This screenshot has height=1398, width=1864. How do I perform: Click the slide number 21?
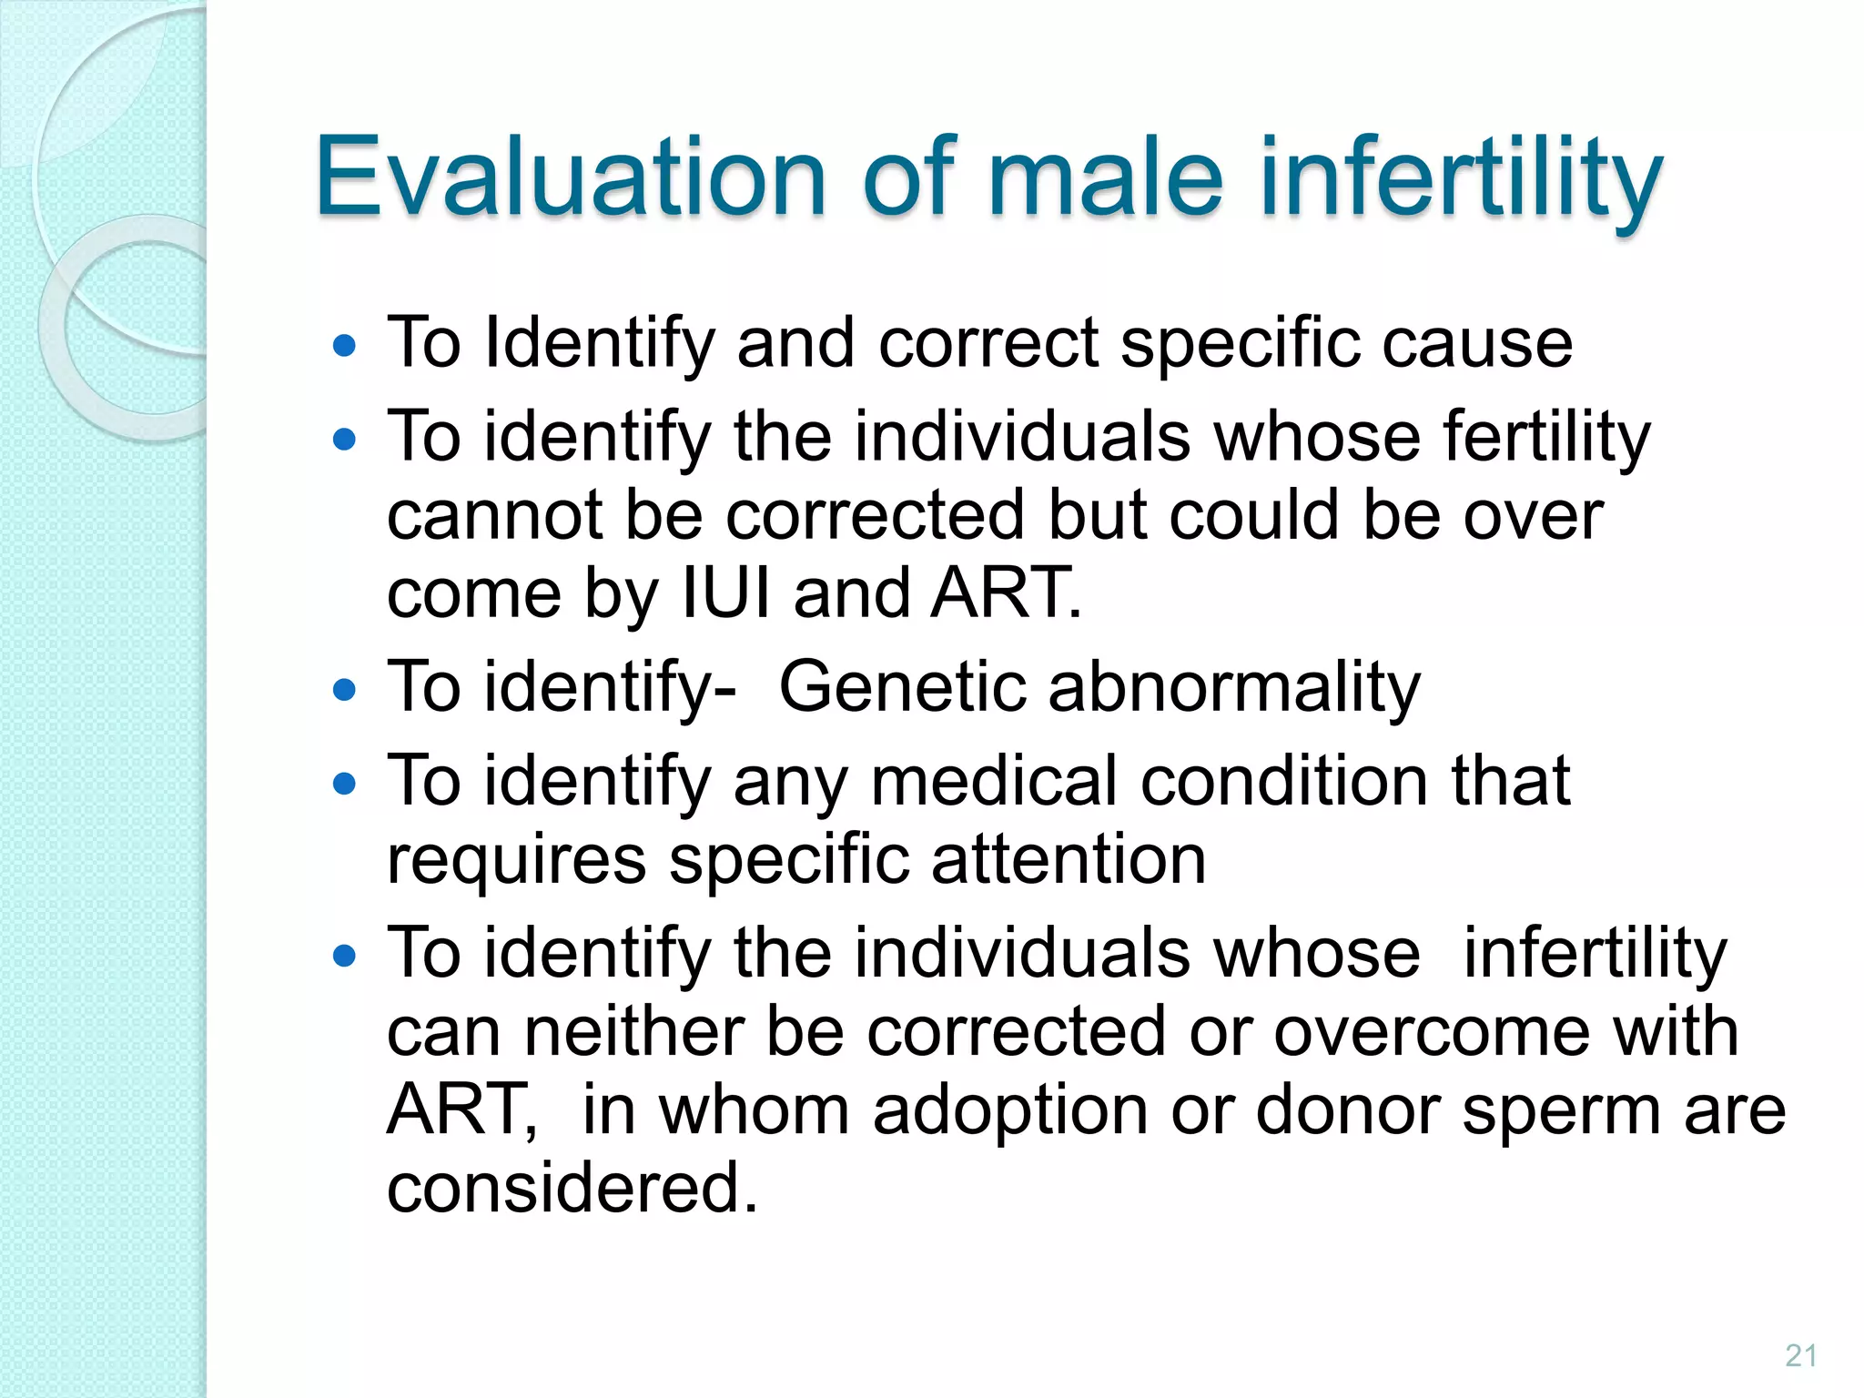click(1800, 1356)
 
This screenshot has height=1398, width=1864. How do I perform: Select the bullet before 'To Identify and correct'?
click(344, 346)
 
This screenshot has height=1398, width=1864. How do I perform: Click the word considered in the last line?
click(572, 1188)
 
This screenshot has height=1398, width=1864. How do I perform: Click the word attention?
click(1069, 859)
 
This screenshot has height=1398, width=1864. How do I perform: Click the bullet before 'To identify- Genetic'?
click(344, 689)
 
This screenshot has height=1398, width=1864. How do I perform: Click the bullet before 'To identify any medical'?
click(344, 784)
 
